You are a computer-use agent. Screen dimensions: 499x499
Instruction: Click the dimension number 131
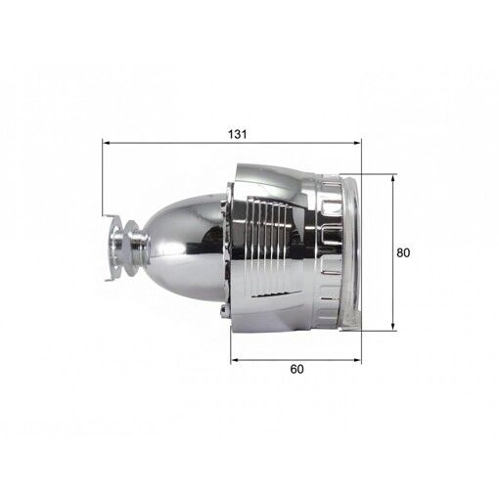[x=237, y=134]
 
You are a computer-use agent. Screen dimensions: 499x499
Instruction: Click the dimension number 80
[x=403, y=252]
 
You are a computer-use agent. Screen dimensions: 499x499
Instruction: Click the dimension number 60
[x=296, y=369]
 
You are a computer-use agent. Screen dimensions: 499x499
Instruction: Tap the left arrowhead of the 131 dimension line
[x=106, y=143]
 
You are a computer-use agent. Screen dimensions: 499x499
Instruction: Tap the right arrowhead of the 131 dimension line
[x=358, y=143]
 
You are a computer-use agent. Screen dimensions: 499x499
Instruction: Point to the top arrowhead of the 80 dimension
[x=393, y=178]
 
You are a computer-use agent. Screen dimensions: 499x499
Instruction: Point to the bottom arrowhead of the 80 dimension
[x=393, y=327]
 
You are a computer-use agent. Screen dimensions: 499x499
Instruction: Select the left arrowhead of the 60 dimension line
[x=235, y=360]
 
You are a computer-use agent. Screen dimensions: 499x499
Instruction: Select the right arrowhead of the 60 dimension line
[x=358, y=360]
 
